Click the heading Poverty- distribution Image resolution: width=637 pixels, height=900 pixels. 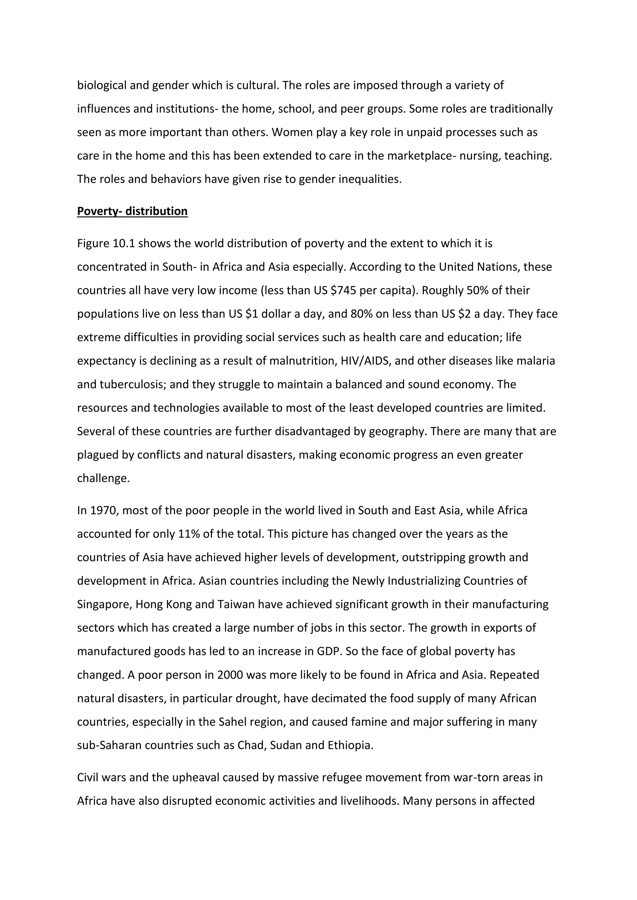point(132,211)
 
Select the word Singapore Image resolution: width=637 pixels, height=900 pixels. point(104,604)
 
